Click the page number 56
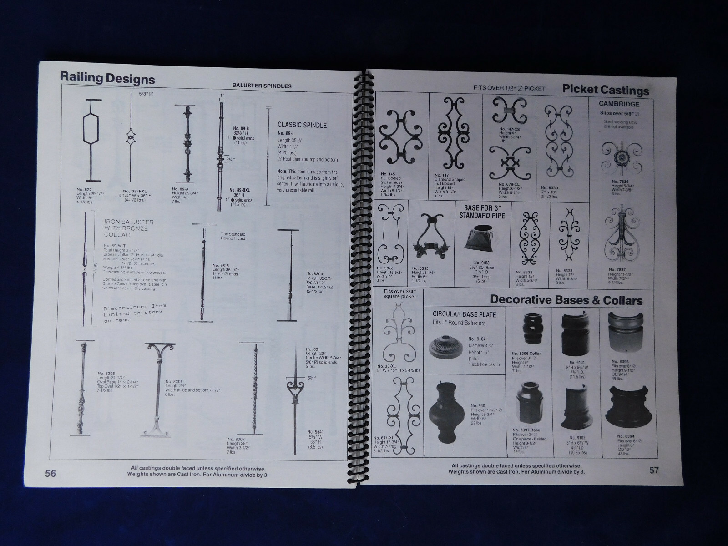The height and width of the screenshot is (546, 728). click(x=51, y=473)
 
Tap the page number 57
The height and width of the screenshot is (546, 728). click(x=654, y=470)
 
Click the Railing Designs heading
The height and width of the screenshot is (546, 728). click(x=108, y=78)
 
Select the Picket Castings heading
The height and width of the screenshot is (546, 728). click(x=606, y=90)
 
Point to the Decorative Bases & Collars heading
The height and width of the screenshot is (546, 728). click(x=566, y=300)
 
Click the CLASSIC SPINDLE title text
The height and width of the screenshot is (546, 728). click(x=302, y=125)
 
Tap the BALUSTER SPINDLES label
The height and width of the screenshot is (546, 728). click(x=262, y=86)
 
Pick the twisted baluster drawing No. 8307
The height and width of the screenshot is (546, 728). click(x=253, y=389)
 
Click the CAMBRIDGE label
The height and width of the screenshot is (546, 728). click(x=619, y=104)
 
